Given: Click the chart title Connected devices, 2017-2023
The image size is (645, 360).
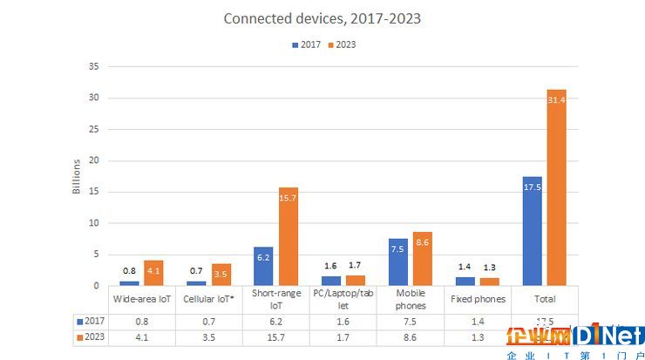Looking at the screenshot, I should pos(322,18).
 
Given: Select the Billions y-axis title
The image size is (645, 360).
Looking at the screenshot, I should pos(77,175).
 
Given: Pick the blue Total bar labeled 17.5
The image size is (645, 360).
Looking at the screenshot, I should pos(532,231).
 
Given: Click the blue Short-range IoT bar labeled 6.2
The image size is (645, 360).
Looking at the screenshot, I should pos(263,266).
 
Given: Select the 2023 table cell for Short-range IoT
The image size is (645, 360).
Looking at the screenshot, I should pos(275,336).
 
